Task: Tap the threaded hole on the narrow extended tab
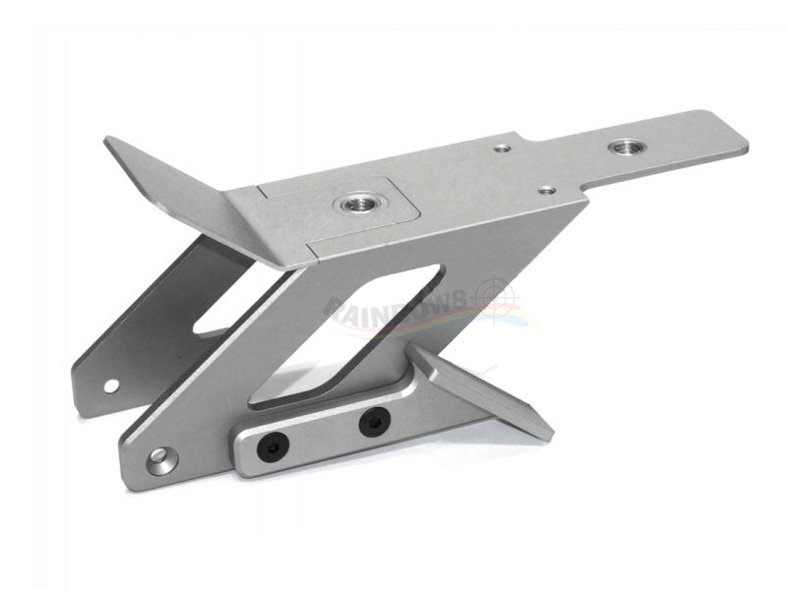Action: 622,147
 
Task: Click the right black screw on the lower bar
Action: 373,423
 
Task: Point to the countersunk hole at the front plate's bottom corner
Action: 158,457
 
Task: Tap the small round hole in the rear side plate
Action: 111,384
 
